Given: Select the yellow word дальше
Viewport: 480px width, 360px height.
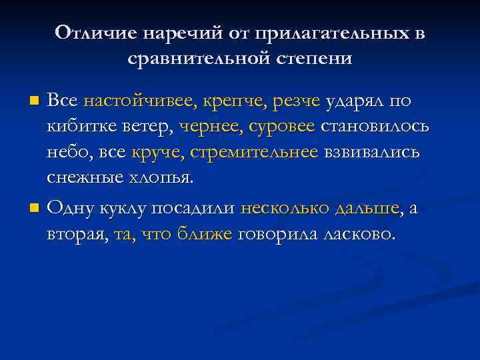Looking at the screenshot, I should coord(365,208).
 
